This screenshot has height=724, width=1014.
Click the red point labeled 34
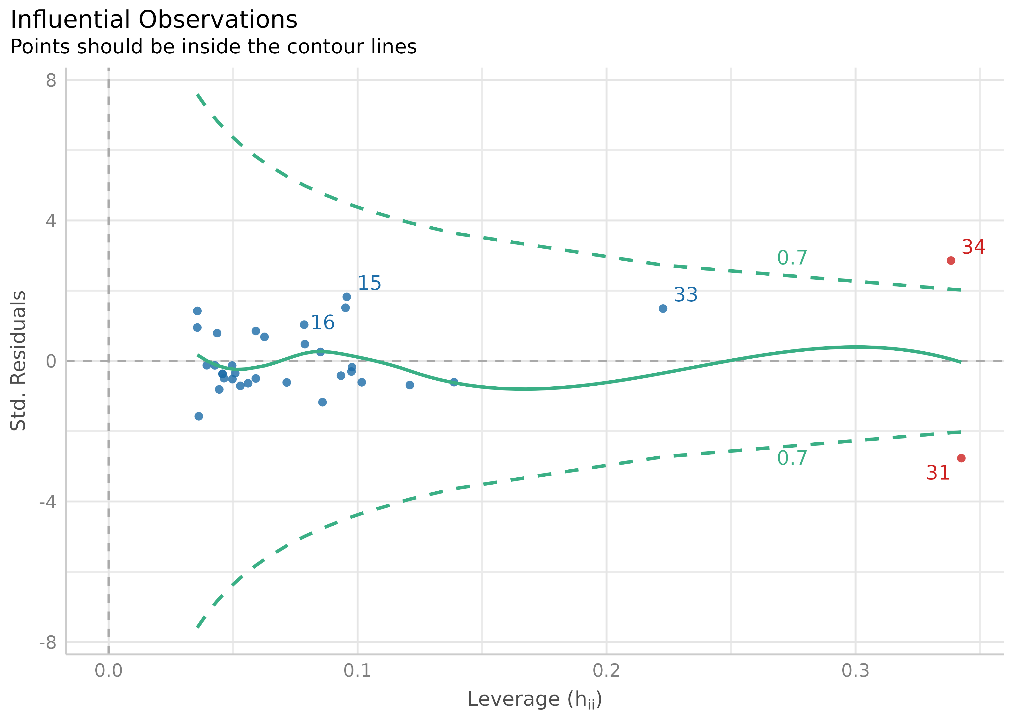pos(951,260)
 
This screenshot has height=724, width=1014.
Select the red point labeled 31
pos(961,458)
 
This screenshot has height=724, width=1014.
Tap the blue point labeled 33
pos(663,308)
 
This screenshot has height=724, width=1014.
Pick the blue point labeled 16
pos(304,325)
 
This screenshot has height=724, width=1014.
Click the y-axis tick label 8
pos(51,81)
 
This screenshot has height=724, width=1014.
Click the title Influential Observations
pos(154,20)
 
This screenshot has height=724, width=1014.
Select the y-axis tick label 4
pos(51,221)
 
